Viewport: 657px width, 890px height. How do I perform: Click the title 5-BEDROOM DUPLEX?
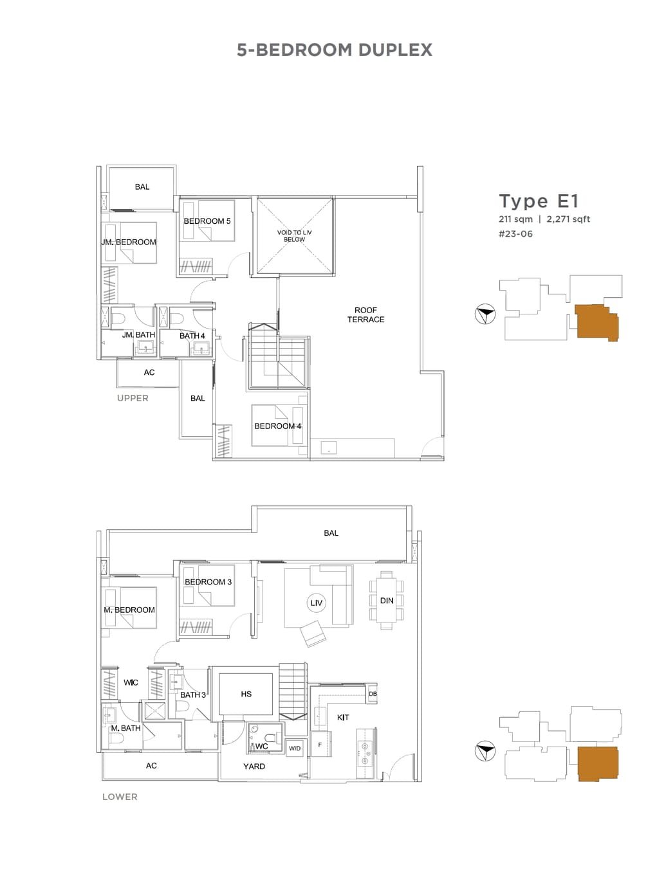[334, 50]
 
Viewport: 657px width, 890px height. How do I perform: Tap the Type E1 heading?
[539, 201]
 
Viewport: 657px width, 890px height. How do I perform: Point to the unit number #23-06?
[515, 234]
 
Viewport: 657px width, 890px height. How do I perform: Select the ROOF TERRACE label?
[366, 314]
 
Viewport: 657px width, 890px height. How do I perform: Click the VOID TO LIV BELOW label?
[294, 236]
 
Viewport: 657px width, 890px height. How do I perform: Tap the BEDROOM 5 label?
[207, 221]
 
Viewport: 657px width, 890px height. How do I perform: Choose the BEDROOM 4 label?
[277, 426]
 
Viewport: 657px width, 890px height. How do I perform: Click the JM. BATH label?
[138, 335]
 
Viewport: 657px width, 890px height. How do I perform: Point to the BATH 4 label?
[192, 336]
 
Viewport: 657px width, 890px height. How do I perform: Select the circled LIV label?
[316, 603]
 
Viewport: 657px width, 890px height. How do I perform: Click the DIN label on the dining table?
[386, 601]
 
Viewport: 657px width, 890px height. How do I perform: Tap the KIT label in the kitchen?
[342, 717]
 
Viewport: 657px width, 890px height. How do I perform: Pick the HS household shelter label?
[246, 694]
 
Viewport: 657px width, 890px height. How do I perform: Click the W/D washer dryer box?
[294, 749]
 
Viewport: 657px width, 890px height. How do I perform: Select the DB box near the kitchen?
[373, 694]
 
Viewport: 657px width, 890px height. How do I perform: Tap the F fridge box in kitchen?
[320, 745]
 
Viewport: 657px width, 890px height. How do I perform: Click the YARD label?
[254, 767]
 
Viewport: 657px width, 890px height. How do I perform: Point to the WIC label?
[131, 682]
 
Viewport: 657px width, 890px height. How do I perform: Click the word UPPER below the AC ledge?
[133, 398]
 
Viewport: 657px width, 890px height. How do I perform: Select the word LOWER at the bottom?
[120, 797]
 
